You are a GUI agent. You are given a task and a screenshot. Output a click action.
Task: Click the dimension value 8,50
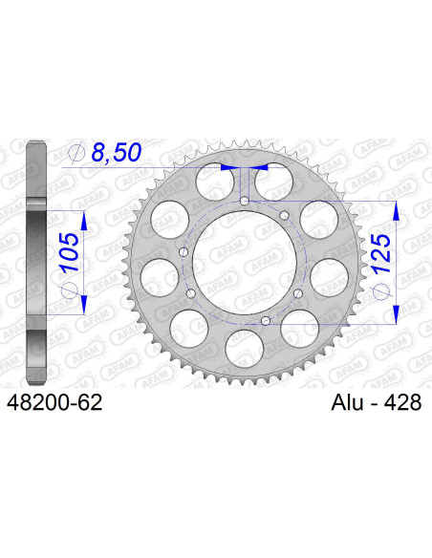pyautogui.click(x=120, y=150)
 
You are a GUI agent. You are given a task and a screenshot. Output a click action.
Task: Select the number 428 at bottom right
pyautogui.click(x=402, y=403)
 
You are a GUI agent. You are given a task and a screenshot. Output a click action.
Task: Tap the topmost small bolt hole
pyautogui.click(x=245, y=202)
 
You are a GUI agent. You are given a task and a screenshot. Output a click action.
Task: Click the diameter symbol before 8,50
pyautogui.click(x=78, y=152)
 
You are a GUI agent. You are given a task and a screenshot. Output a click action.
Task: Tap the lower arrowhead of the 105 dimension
pyautogui.click(x=84, y=306)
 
